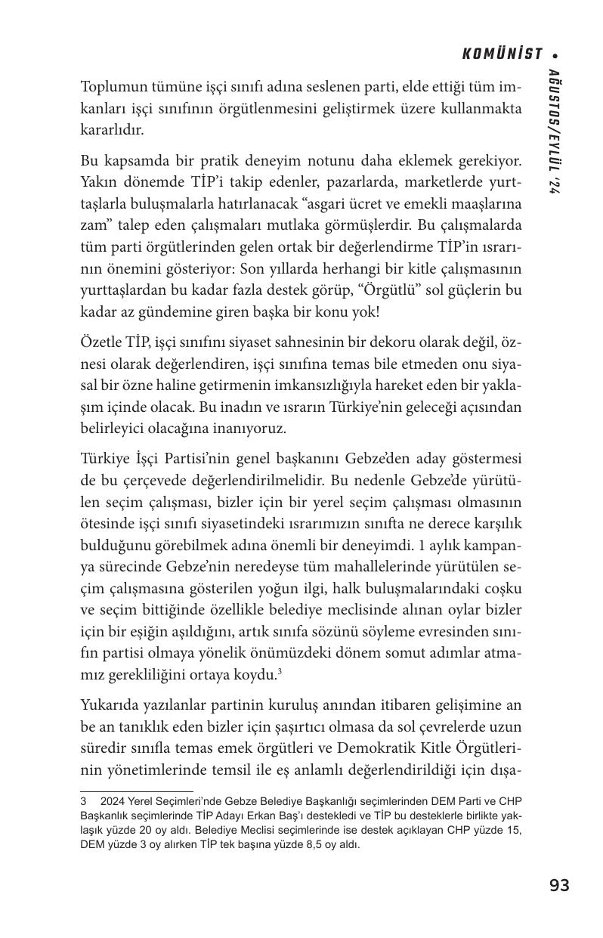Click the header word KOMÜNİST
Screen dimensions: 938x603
tap(502, 54)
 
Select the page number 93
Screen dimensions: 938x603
tap(559, 885)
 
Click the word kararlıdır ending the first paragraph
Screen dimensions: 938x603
tap(110, 129)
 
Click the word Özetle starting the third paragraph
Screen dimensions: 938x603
tap(99, 342)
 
